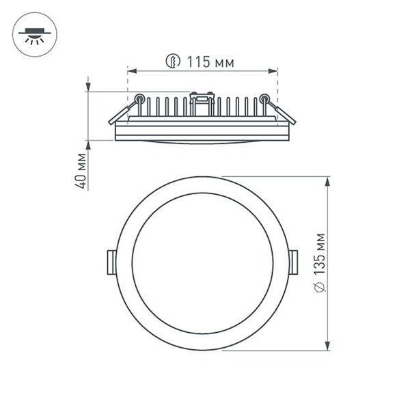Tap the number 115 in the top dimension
coord(198,63)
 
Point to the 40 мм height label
coord(82,172)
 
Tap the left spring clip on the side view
coord(122,113)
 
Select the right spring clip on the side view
coord(284,113)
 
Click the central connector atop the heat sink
coord(202,101)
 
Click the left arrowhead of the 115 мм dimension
coord(132,70)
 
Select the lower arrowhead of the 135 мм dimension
coord(328,345)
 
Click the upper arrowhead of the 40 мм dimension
coord(89,87)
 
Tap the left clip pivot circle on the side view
coord(139,98)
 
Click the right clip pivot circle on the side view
coord(264,98)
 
